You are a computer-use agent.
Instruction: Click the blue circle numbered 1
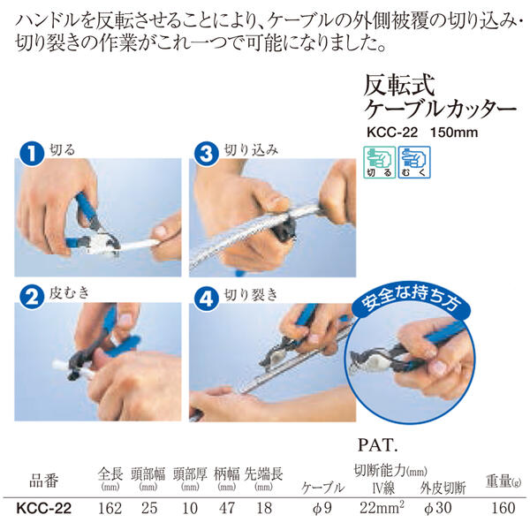click(32, 154)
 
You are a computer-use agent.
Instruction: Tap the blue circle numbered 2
click(32, 297)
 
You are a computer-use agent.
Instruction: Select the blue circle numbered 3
click(207, 154)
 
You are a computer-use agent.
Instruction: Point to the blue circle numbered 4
click(207, 298)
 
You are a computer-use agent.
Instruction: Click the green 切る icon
click(379, 163)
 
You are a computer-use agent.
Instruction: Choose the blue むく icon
click(414, 163)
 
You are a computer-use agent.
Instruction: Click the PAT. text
click(377, 445)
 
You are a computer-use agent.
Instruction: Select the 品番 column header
click(44, 481)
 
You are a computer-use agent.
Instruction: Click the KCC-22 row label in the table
click(44, 508)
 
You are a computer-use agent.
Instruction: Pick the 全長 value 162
click(110, 508)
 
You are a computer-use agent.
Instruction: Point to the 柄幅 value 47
click(226, 508)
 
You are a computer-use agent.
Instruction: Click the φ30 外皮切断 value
click(437, 508)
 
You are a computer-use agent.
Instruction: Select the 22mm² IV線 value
click(382, 507)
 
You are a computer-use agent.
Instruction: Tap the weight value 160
click(503, 508)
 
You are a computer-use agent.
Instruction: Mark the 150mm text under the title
click(454, 132)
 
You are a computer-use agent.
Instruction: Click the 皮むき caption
click(69, 292)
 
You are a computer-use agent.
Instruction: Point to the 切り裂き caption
click(251, 295)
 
